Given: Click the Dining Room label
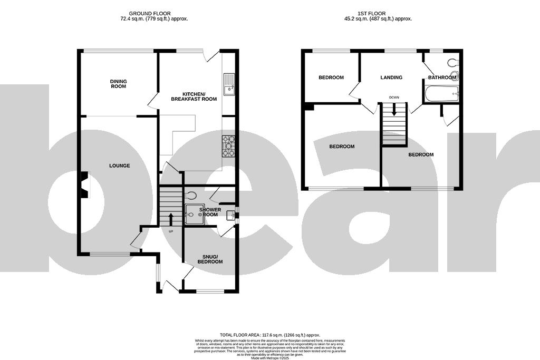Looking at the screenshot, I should click(x=118, y=84).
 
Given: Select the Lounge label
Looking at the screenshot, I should click(x=119, y=166).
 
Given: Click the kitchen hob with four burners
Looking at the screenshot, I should click(x=229, y=146).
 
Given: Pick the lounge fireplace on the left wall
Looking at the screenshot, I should click(x=83, y=185).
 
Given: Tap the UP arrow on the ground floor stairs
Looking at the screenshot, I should click(x=170, y=218).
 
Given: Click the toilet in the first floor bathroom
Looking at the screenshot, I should click(x=452, y=63).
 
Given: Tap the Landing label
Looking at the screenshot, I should click(x=391, y=77).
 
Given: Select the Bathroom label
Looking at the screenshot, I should click(x=442, y=77).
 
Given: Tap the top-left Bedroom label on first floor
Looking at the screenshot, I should click(x=331, y=77).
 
